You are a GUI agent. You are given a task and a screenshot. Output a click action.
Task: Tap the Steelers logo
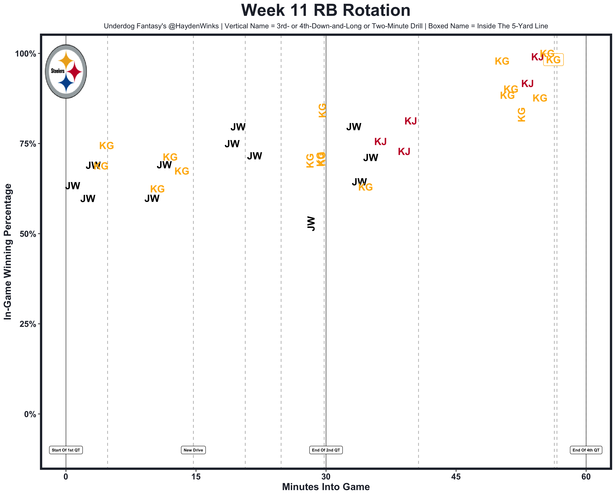(x=66, y=72)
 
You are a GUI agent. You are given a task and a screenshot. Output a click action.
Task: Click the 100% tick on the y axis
(x=25, y=54)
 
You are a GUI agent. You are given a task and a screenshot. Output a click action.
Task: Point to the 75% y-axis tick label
(x=28, y=144)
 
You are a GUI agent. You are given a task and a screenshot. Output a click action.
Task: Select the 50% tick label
(x=28, y=234)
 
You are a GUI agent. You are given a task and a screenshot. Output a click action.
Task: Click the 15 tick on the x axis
(x=196, y=477)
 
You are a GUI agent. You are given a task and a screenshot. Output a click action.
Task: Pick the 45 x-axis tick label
(x=456, y=477)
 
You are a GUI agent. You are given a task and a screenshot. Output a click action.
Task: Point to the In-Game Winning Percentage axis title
(x=8, y=251)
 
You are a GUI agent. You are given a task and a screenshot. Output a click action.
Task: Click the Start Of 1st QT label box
(x=66, y=450)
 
